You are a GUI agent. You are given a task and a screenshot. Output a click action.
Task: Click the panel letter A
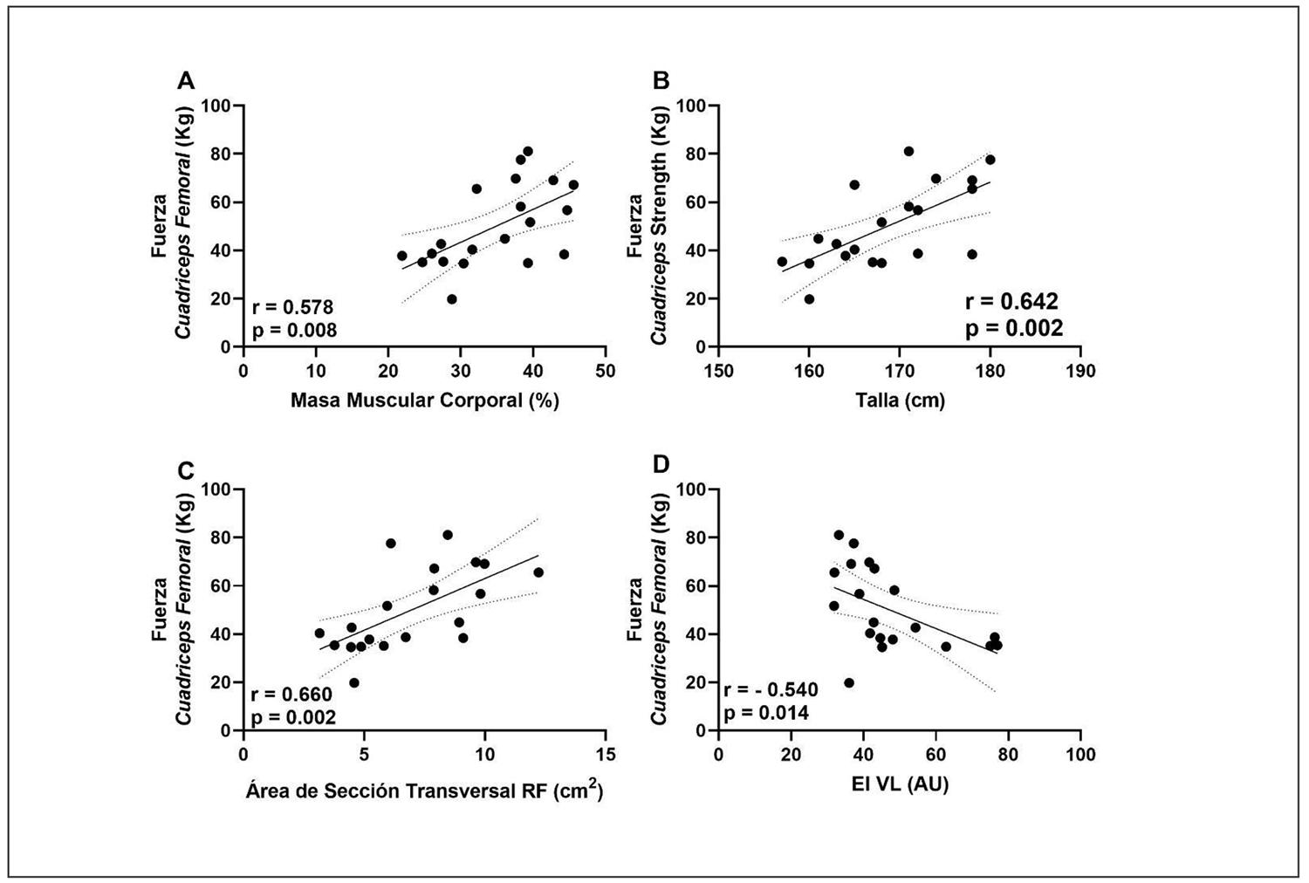(x=185, y=81)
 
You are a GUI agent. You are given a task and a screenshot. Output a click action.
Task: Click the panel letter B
(x=661, y=81)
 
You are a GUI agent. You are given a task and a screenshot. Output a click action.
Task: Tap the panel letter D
(x=661, y=464)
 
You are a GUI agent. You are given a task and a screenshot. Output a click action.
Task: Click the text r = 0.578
(x=292, y=307)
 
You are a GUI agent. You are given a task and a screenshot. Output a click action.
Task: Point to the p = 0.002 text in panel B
(x=1013, y=328)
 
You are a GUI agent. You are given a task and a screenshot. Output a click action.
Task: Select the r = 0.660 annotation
(x=292, y=695)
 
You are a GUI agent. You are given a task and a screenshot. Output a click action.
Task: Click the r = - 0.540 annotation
(x=771, y=690)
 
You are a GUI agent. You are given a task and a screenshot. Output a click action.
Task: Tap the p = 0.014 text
(x=766, y=713)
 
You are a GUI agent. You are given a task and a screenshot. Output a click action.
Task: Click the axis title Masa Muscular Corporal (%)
(x=425, y=400)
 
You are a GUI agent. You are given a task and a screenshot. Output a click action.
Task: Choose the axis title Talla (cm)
(x=901, y=400)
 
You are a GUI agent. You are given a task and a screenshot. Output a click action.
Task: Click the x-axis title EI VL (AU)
(x=901, y=784)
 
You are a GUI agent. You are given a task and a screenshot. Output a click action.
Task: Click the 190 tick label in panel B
(x=1080, y=371)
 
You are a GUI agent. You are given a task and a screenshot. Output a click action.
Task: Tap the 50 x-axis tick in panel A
(x=605, y=371)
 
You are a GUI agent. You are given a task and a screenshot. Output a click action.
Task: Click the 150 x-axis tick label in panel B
(x=718, y=371)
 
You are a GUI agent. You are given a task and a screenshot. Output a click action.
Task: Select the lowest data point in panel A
(x=451, y=299)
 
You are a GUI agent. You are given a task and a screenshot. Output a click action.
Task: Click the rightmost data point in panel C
(x=538, y=572)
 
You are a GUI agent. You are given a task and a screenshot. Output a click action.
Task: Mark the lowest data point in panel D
(x=849, y=682)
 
